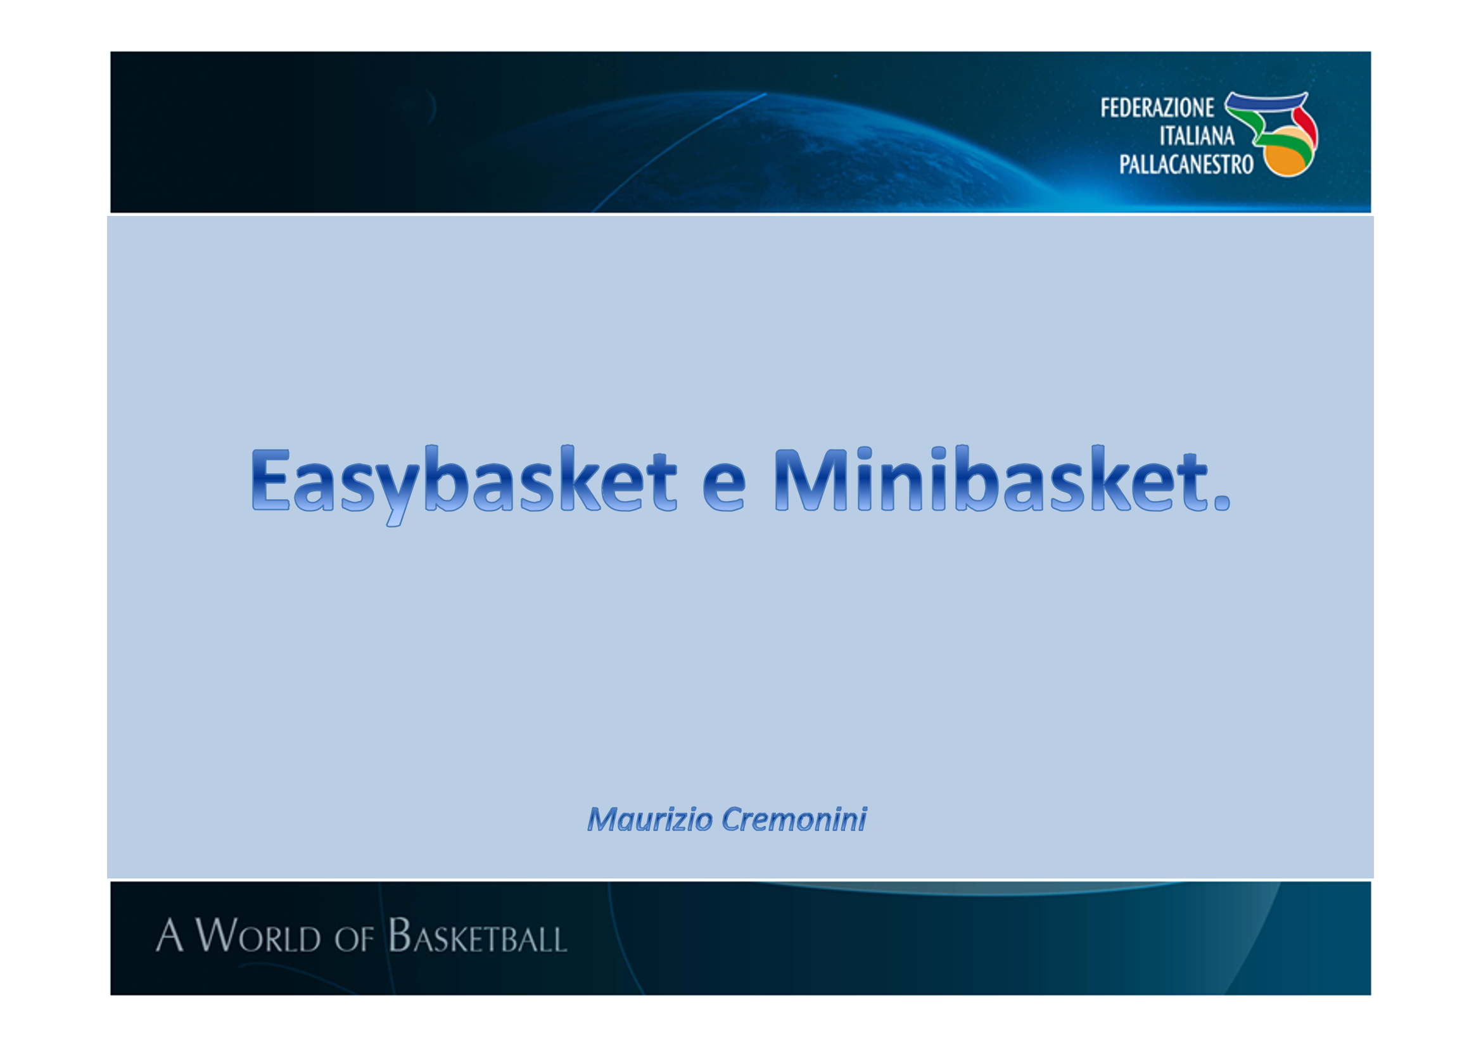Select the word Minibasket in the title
pyautogui.click(x=991, y=479)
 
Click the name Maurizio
pyautogui.click(x=649, y=819)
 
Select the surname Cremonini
pyautogui.click(x=794, y=819)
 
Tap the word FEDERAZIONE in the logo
pyautogui.click(x=1157, y=108)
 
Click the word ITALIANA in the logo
pyautogui.click(x=1197, y=136)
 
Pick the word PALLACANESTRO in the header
pyautogui.click(x=1186, y=165)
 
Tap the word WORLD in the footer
pyautogui.click(x=257, y=935)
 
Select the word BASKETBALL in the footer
pyautogui.click(x=478, y=935)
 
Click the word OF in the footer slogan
pyautogui.click(x=353, y=939)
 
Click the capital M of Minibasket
pyautogui.click(x=811, y=479)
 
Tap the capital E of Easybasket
pyautogui.click(x=271, y=479)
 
